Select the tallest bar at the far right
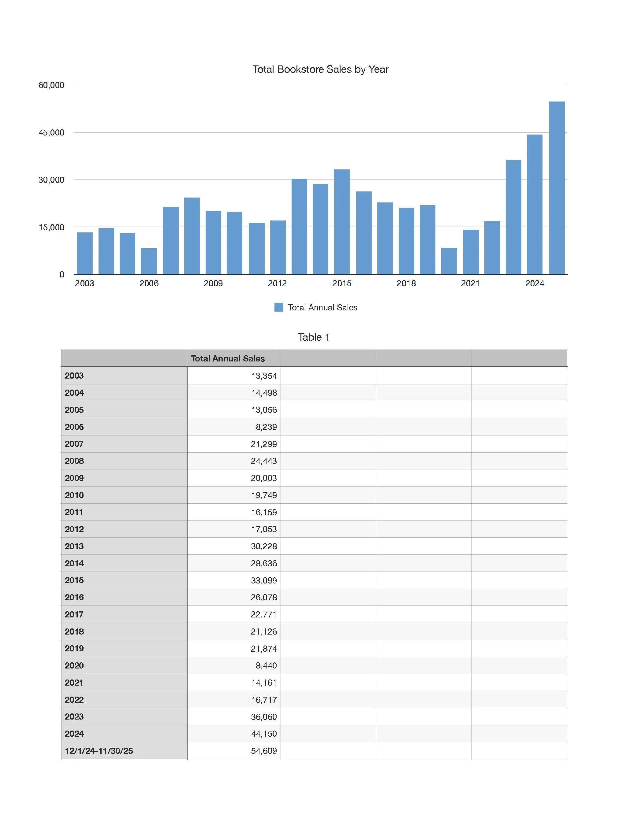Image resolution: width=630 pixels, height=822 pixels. (x=557, y=187)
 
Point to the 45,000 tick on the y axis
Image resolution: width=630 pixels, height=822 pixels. (x=51, y=132)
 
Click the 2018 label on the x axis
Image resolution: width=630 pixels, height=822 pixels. (x=406, y=283)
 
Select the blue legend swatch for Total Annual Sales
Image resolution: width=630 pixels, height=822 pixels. (x=279, y=307)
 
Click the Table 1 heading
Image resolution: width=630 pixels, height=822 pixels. (x=314, y=337)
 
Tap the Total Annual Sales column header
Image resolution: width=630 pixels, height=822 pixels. (x=228, y=358)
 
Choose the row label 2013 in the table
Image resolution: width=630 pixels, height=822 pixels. (x=74, y=546)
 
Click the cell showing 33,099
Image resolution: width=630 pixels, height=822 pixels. (x=264, y=580)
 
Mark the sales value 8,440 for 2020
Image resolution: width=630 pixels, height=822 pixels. (x=266, y=665)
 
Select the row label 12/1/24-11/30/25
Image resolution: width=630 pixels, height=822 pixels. (x=99, y=751)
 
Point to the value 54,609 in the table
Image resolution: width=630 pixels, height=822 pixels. (x=264, y=751)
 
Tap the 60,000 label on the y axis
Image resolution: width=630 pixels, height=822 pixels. (x=51, y=85)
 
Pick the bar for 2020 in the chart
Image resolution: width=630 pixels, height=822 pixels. (x=449, y=261)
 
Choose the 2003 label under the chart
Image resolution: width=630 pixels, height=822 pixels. (x=84, y=283)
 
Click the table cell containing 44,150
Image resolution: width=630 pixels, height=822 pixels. (x=264, y=734)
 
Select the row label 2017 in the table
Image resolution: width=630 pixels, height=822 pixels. (x=74, y=614)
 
